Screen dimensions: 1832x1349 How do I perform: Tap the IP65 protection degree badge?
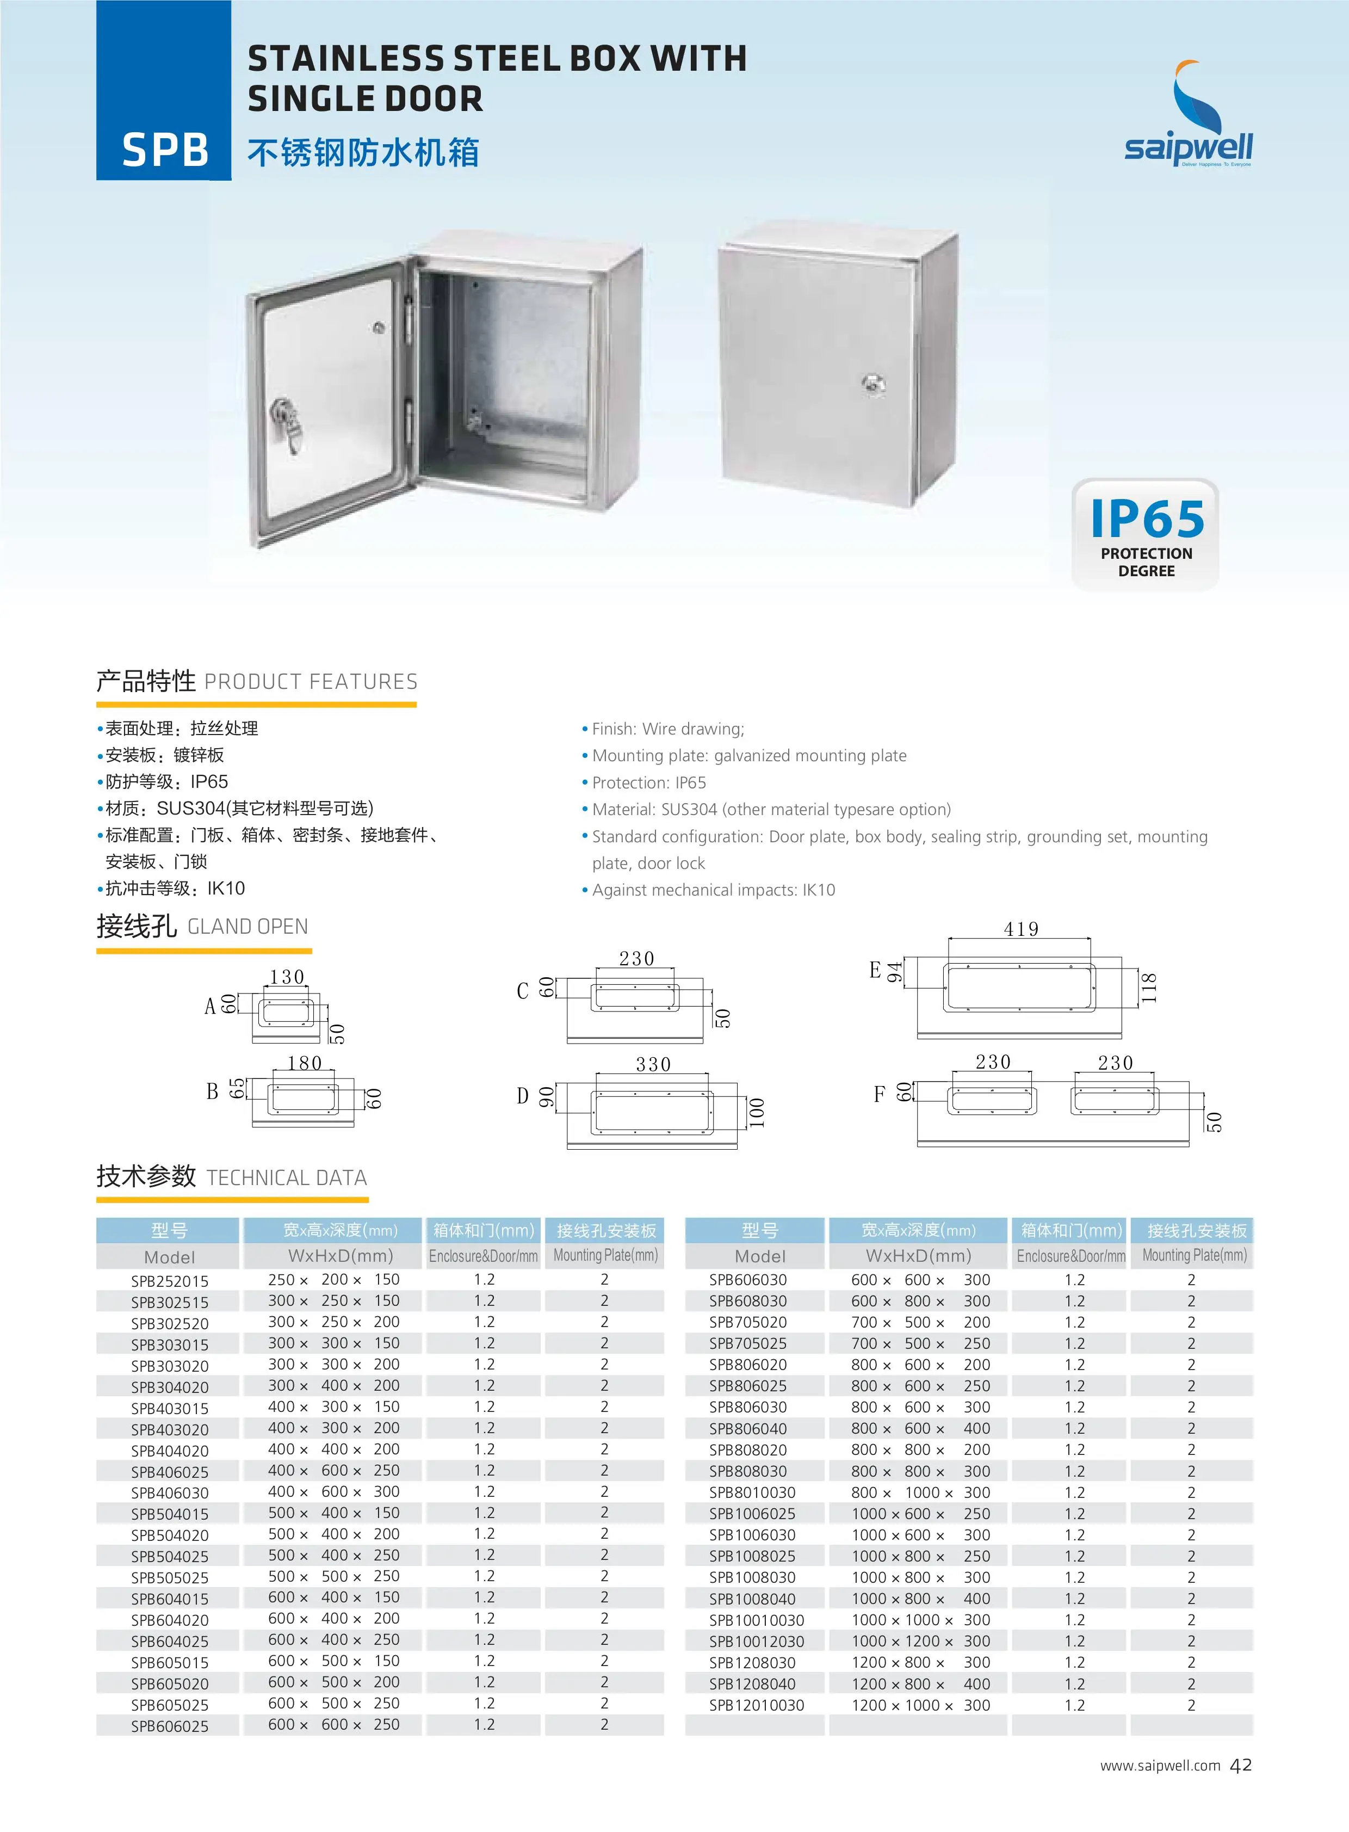tap(1146, 534)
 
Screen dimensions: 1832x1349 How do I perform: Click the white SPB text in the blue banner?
tap(165, 150)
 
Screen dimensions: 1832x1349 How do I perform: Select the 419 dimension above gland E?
tap(1021, 929)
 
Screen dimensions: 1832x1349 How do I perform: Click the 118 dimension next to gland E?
tap(1149, 988)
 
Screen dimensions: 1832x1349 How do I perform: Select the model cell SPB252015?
tap(170, 1281)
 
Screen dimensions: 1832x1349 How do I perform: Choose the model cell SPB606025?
tap(170, 1726)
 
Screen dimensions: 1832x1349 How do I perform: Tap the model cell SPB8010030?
tap(752, 1492)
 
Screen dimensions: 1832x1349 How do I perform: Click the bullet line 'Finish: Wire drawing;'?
tap(667, 729)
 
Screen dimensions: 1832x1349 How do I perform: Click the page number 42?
tap(1240, 1765)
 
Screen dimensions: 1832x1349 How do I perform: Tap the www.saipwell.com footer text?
tap(1160, 1766)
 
